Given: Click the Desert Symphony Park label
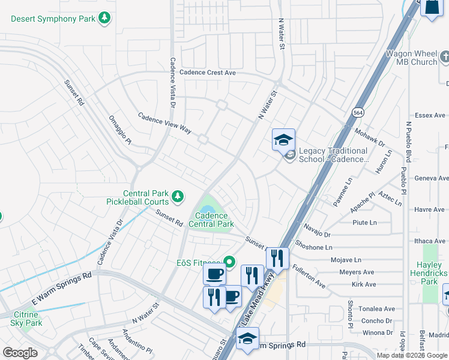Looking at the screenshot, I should [x=53, y=19].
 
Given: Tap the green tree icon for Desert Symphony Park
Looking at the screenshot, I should [x=105, y=19].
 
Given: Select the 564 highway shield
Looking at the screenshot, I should [x=358, y=112].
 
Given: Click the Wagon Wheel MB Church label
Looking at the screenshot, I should [x=411, y=58].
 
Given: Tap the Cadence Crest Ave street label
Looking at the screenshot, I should [x=204, y=73].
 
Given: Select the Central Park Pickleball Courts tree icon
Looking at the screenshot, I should [x=177, y=196].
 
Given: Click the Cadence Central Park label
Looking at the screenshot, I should [x=211, y=220].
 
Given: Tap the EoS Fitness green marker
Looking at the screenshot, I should [x=229, y=262].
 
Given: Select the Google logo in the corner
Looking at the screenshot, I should [x=20, y=352].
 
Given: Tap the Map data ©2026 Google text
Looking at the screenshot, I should [x=412, y=355].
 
